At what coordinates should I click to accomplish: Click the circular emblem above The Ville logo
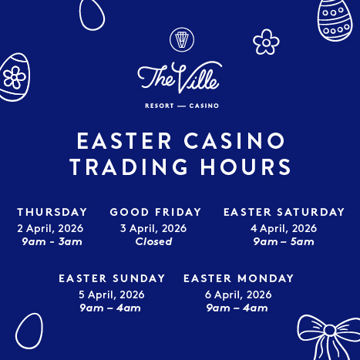click(182, 39)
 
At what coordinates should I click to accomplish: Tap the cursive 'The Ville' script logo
click(180, 77)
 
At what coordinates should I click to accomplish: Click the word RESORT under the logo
click(160, 106)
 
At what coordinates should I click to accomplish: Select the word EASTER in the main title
click(124, 140)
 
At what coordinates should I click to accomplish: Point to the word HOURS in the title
click(246, 167)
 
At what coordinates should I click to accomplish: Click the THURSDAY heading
click(52, 212)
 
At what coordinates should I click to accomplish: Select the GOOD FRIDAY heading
click(156, 212)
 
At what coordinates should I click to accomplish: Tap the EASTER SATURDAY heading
click(284, 212)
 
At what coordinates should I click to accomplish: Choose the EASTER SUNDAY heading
click(112, 278)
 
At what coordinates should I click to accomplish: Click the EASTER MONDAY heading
click(239, 278)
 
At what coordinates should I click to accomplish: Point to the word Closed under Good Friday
click(153, 241)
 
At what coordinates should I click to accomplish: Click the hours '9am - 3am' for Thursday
click(52, 241)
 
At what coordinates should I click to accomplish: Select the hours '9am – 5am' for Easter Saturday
click(284, 241)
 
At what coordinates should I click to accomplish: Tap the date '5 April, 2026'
click(112, 294)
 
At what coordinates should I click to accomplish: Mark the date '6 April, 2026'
click(238, 294)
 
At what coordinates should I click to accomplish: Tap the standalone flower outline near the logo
click(266, 42)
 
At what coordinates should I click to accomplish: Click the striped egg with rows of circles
click(335, 20)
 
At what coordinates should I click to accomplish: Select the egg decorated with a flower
click(14, 77)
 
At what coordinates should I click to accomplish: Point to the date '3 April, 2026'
click(153, 228)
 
